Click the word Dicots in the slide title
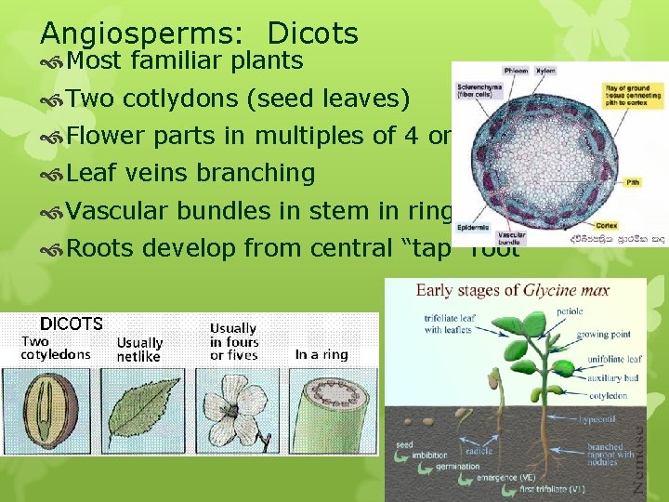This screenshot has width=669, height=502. (312, 33)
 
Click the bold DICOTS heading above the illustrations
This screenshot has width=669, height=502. (71, 324)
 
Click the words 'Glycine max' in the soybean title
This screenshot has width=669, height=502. (567, 290)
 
